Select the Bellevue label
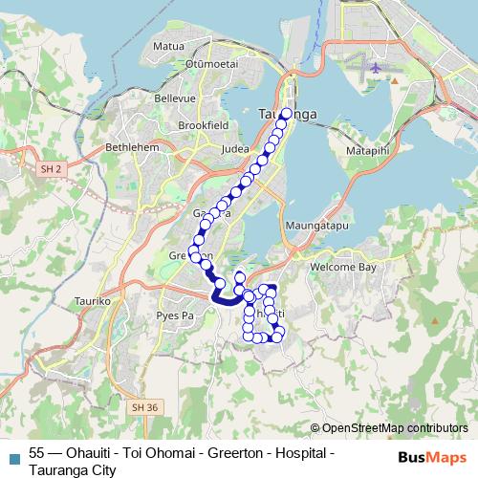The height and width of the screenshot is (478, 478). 176,98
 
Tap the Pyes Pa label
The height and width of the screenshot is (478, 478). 175,314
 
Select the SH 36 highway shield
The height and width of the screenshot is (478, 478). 143,406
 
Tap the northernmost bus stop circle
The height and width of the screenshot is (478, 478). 285,113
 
